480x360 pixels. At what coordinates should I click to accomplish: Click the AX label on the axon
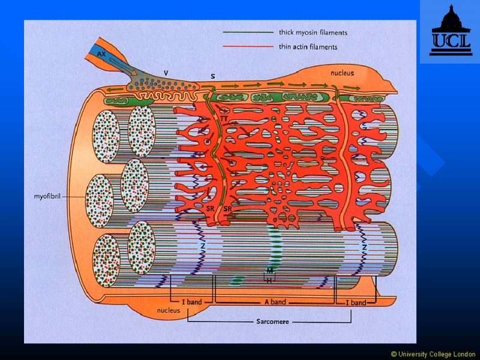point(101,54)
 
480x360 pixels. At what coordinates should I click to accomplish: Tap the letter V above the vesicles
point(166,73)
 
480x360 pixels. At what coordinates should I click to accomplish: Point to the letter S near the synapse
point(213,76)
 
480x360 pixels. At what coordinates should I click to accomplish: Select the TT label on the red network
point(224,118)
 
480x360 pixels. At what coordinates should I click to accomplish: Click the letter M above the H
point(269,271)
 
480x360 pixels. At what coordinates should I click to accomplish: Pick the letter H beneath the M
point(269,280)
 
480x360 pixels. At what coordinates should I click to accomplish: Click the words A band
point(275,302)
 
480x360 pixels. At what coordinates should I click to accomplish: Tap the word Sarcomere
point(272,322)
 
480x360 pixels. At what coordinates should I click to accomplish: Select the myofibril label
point(47,196)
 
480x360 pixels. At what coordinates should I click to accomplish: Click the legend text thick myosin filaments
point(313,32)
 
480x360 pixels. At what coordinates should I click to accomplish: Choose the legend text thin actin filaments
point(308,47)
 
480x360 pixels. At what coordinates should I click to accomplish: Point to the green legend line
point(248,32)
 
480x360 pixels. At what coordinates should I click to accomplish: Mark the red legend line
point(248,47)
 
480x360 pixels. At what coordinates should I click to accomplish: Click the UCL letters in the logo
point(451,40)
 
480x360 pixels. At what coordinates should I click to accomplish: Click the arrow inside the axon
point(122,66)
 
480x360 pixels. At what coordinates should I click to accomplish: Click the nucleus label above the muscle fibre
point(342,73)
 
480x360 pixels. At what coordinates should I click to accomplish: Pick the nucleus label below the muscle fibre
point(169,310)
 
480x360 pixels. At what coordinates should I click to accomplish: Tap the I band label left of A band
point(192,302)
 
